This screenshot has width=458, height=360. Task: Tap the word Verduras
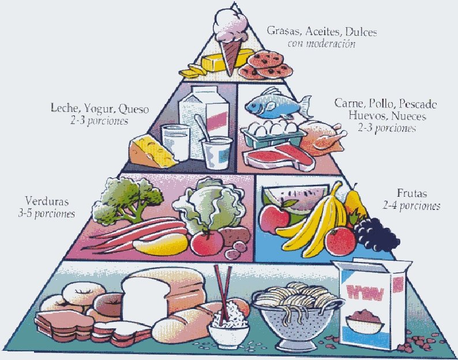[x=47, y=202]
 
